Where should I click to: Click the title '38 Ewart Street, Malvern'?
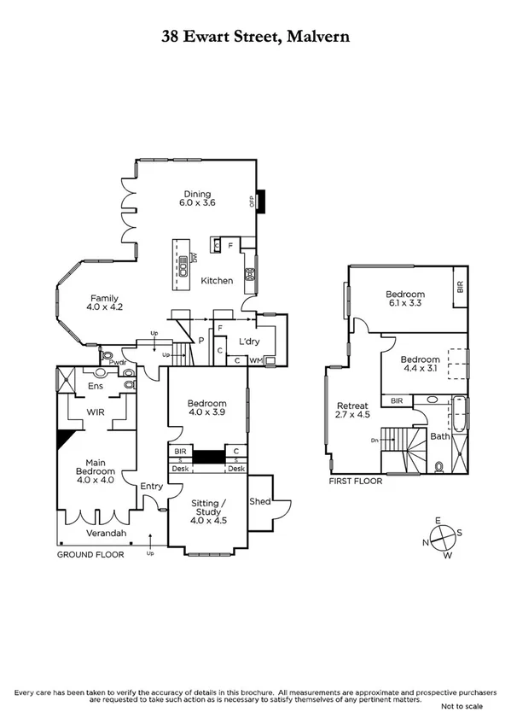pos(255,37)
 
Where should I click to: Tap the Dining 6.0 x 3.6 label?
pos(197,198)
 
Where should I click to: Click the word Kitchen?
pos(217,280)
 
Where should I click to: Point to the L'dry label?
pos(248,341)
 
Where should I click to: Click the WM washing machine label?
pos(254,361)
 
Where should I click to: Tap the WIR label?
pos(96,412)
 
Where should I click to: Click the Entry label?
pos(152,486)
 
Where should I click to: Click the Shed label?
pos(259,502)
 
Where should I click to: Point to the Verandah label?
pos(107,534)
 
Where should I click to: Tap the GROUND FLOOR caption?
pos(90,555)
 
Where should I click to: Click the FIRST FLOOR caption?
pos(356,481)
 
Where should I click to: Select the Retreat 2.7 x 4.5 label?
pos(352,411)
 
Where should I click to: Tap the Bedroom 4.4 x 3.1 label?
pos(421,365)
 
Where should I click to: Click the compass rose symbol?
pos(443,538)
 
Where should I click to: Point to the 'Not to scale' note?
pos(461,707)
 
